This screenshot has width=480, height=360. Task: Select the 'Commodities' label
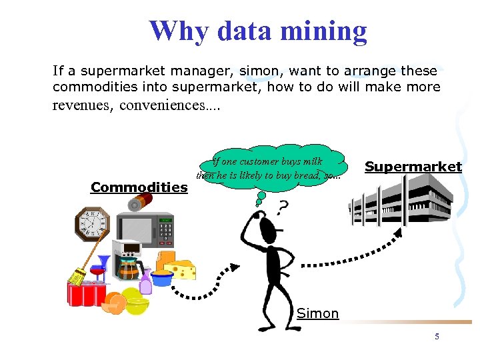point(139,187)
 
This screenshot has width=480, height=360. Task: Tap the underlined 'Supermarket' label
point(413,167)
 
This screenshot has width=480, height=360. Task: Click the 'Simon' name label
point(317,313)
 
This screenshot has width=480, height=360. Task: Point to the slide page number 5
point(437,337)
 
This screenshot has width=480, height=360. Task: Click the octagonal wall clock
point(92,223)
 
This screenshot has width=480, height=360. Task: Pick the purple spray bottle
point(145,283)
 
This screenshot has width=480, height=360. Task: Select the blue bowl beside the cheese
point(162,277)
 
